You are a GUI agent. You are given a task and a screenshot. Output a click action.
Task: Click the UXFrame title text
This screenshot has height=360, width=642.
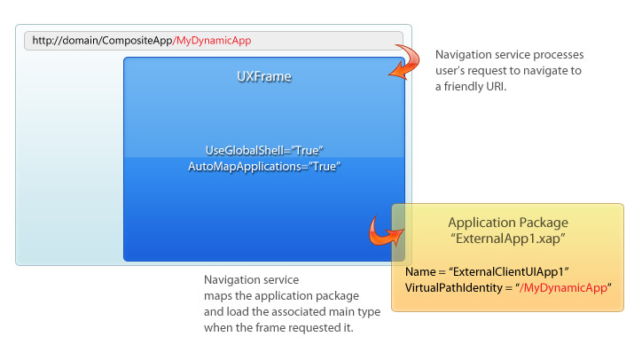(264, 76)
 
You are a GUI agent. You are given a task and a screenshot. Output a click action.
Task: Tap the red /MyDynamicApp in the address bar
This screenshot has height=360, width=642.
(212, 41)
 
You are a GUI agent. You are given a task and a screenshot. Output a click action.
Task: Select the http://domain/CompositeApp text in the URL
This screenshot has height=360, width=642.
(102, 41)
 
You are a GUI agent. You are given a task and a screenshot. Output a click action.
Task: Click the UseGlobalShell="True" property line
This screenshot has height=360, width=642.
(264, 151)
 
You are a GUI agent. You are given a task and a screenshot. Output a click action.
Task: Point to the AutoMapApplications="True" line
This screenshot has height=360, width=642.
(264, 167)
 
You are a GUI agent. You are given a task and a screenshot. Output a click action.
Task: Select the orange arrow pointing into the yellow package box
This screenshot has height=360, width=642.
(383, 233)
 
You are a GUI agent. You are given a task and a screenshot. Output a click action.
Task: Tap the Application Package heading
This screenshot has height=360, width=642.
(508, 223)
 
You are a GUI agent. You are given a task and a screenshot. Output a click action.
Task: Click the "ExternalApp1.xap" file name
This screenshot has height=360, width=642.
(508, 239)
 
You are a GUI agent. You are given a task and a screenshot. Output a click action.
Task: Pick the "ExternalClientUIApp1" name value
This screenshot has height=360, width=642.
(509, 271)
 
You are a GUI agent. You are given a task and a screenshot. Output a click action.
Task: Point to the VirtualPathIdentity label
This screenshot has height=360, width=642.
(454, 287)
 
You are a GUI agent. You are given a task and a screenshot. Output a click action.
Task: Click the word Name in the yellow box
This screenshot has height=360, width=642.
(420, 271)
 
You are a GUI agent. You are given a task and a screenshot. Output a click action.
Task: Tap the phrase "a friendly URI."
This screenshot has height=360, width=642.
(471, 86)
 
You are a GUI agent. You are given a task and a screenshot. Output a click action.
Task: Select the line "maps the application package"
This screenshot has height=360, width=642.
(281, 295)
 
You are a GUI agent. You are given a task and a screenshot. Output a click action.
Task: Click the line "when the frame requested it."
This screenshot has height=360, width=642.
(278, 328)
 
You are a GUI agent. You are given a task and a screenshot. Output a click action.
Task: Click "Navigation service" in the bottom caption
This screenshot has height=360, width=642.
(252, 279)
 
